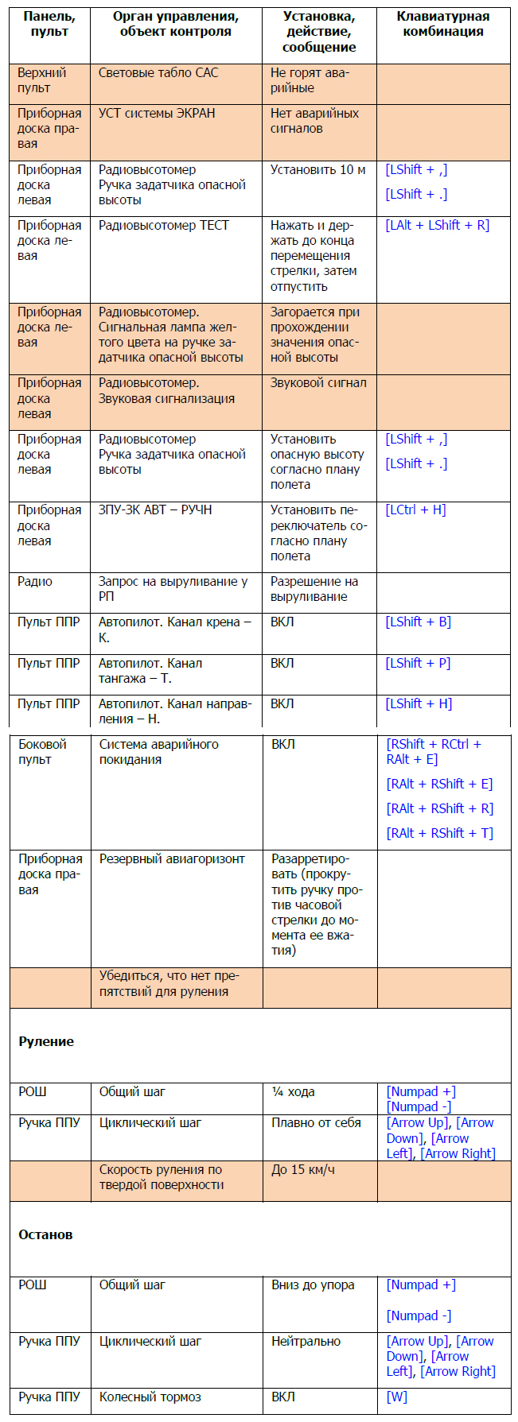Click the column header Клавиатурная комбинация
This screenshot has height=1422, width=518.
[443, 24]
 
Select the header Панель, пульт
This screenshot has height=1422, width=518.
[49, 24]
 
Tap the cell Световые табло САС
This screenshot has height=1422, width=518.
[158, 73]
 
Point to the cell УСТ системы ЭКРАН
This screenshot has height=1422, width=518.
[157, 114]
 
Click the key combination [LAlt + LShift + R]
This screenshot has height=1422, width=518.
[437, 226]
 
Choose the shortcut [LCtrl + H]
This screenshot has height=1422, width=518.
[415, 510]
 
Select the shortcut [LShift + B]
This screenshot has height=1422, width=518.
[418, 622]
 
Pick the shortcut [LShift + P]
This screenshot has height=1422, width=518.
[418, 663]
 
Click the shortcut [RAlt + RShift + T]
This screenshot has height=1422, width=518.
[439, 833]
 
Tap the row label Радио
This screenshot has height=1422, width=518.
[35, 582]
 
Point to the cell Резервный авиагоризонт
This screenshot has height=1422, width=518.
[172, 859]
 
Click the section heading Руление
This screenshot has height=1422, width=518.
[46, 1041]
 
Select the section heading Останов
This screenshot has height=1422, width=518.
[45, 1234]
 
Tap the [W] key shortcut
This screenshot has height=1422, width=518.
[396, 1397]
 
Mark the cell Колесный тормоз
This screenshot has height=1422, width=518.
[150, 1397]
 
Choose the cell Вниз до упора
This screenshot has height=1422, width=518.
[313, 1284]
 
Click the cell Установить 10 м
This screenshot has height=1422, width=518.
[317, 170]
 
